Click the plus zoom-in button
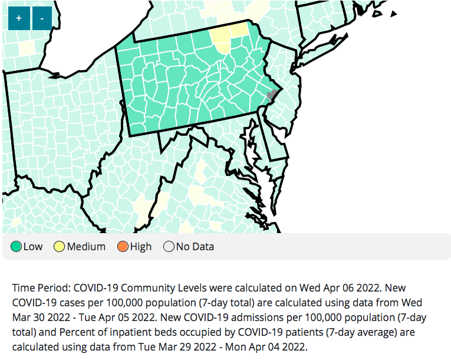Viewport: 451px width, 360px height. tap(19, 18)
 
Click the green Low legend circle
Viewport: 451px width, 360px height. tap(16, 247)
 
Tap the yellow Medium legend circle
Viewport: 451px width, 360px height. tap(60, 247)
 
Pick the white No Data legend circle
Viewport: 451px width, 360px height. tap(168, 247)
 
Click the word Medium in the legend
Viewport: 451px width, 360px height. tap(86, 247)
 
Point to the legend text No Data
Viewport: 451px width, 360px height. tap(195, 247)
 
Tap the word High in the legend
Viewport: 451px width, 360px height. tap(140, 247)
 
